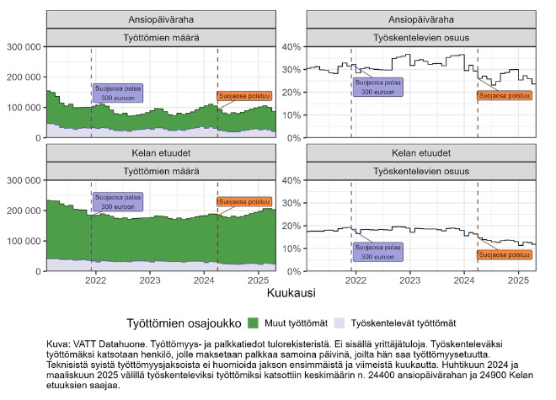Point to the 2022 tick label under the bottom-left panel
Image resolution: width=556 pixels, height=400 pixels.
95,280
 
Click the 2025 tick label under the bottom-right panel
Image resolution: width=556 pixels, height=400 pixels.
517,280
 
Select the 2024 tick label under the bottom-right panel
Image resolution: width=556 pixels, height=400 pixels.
463,280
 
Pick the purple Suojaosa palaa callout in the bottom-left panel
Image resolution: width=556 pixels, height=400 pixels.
117,202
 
